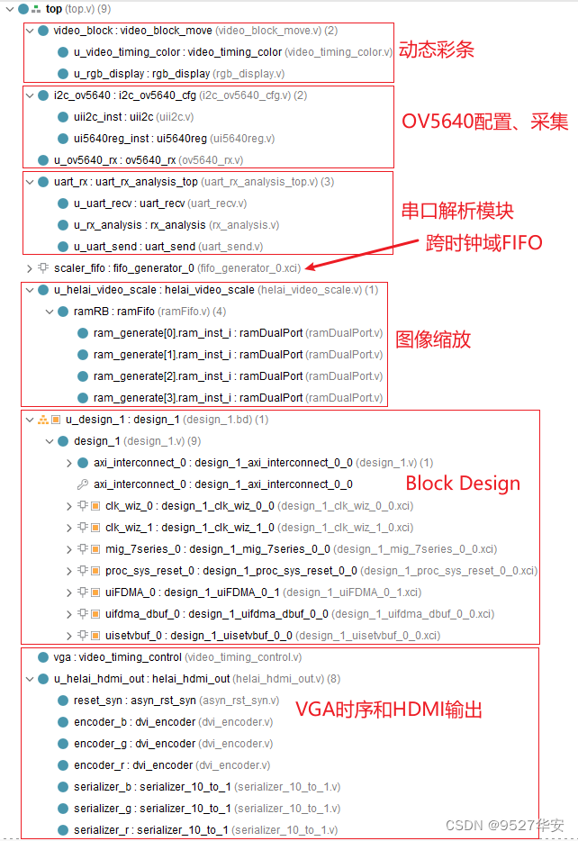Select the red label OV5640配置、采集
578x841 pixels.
484,122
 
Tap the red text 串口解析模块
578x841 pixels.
457,211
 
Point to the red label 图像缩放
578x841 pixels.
433,339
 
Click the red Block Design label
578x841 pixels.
463,484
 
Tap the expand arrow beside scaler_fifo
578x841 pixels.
30,268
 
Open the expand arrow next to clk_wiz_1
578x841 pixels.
70,528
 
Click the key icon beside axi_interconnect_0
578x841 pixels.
82,484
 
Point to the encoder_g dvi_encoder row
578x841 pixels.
171,744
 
